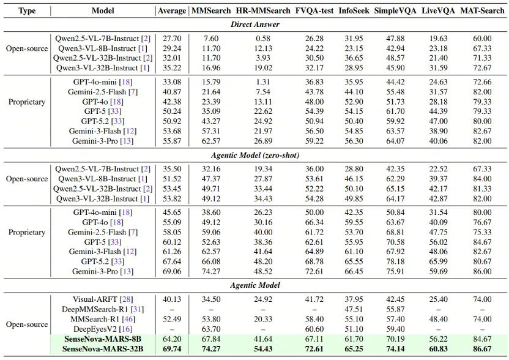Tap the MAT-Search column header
click(482, 11)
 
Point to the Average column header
click(171, 11)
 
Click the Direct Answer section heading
click(255, 24)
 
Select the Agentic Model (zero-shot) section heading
click(255, 156)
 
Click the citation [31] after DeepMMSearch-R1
click(138, 309)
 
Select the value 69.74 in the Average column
click(171, 349)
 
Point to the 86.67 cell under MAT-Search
click(482, 349)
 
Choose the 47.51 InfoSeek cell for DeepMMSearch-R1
click(355, 309)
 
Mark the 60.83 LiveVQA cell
click(439, 349)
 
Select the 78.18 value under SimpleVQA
click(398, 261)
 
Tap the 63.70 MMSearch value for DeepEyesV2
click(210, 329)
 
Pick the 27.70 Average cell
click(171, 39)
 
